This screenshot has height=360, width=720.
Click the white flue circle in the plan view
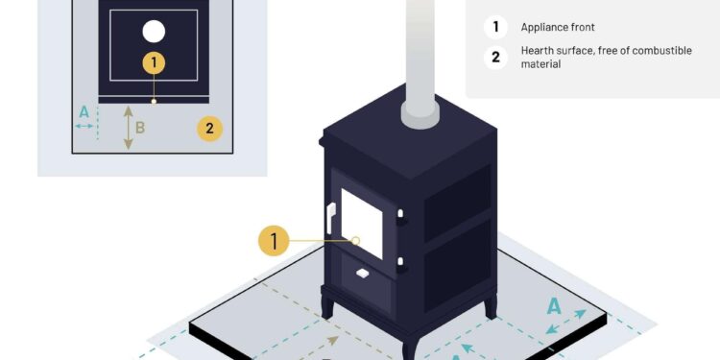(x=154, y=32)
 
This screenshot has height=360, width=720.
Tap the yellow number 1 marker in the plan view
(x=154, y=63)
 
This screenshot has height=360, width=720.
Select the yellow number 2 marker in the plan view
(x=209, y=128)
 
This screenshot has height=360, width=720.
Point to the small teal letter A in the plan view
(x=84, y=112)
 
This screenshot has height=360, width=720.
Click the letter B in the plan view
(x=140, y=127)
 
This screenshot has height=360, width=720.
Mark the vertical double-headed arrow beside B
(x=128, y=128)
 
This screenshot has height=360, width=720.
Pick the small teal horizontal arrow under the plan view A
(x=84, y=126)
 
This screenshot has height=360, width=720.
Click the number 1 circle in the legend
(x=495, y=28)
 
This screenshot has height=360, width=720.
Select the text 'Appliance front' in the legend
(x=558, y=28)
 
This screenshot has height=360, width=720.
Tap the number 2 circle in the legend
(x=495, y=57)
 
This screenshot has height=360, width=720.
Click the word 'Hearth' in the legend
(x=539, y=50)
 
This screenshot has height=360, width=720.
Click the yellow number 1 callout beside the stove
(x=275, y=240)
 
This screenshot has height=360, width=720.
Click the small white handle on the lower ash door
(x=363, y=274)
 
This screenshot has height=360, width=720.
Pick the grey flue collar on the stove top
(x=420, y=112)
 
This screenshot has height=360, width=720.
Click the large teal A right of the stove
(x=554, y=307)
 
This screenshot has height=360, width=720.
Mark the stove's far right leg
(x=492, y=306)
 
